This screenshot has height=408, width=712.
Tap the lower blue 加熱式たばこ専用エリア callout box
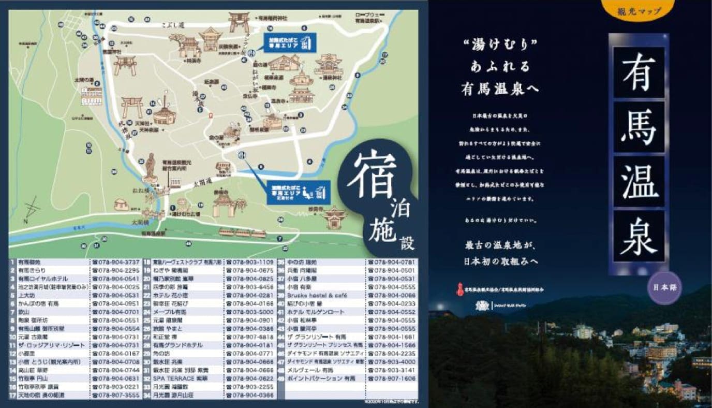299,190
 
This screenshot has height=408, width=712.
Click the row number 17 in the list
12,395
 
